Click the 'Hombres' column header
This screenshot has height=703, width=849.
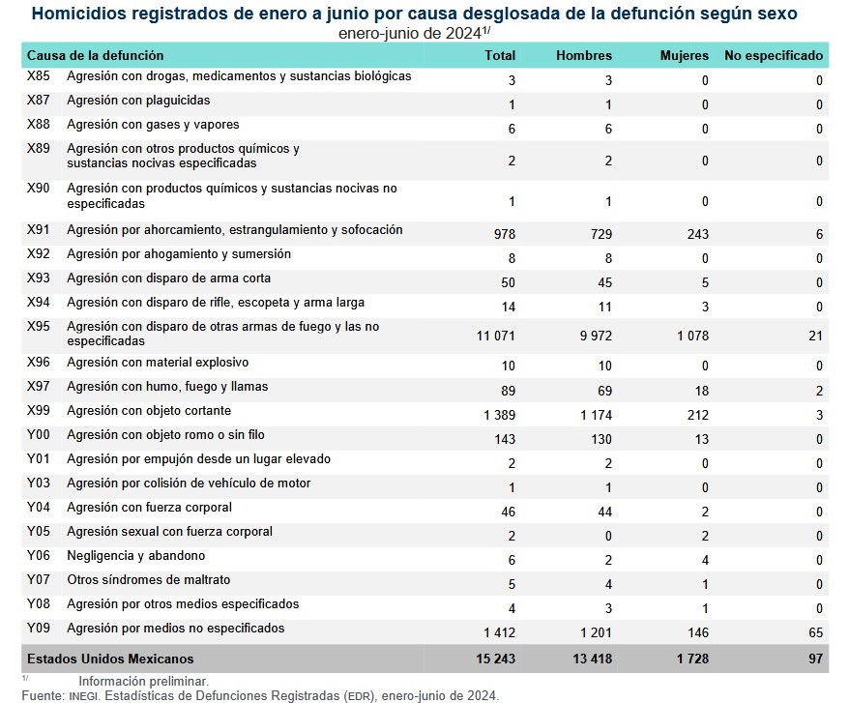pyautogui.click(x=584, y=56)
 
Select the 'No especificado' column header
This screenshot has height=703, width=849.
pyautogui.click(x=773, y=56)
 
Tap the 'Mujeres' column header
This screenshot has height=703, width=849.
pyautogui.click(x=684, y=56)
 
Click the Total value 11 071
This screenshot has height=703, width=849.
pyautogui.click(x=495, y=336)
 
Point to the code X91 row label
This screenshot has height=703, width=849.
pyautogui.click(x=39, y=230)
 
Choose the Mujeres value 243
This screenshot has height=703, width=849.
pyautogui.click(x=696, y=234)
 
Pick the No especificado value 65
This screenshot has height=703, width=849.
pyautogui.click(x=814, y=632)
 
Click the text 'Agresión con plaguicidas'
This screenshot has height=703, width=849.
pyautogui.click(x=138, y=101)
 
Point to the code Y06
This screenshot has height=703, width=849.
pyautogui.click(x=39, y=556)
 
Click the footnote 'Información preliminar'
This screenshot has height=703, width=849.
pyautogui.click(x=144, y=681)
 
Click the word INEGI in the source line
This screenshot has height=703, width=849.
pyautogui.click(x=82, y=695)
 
